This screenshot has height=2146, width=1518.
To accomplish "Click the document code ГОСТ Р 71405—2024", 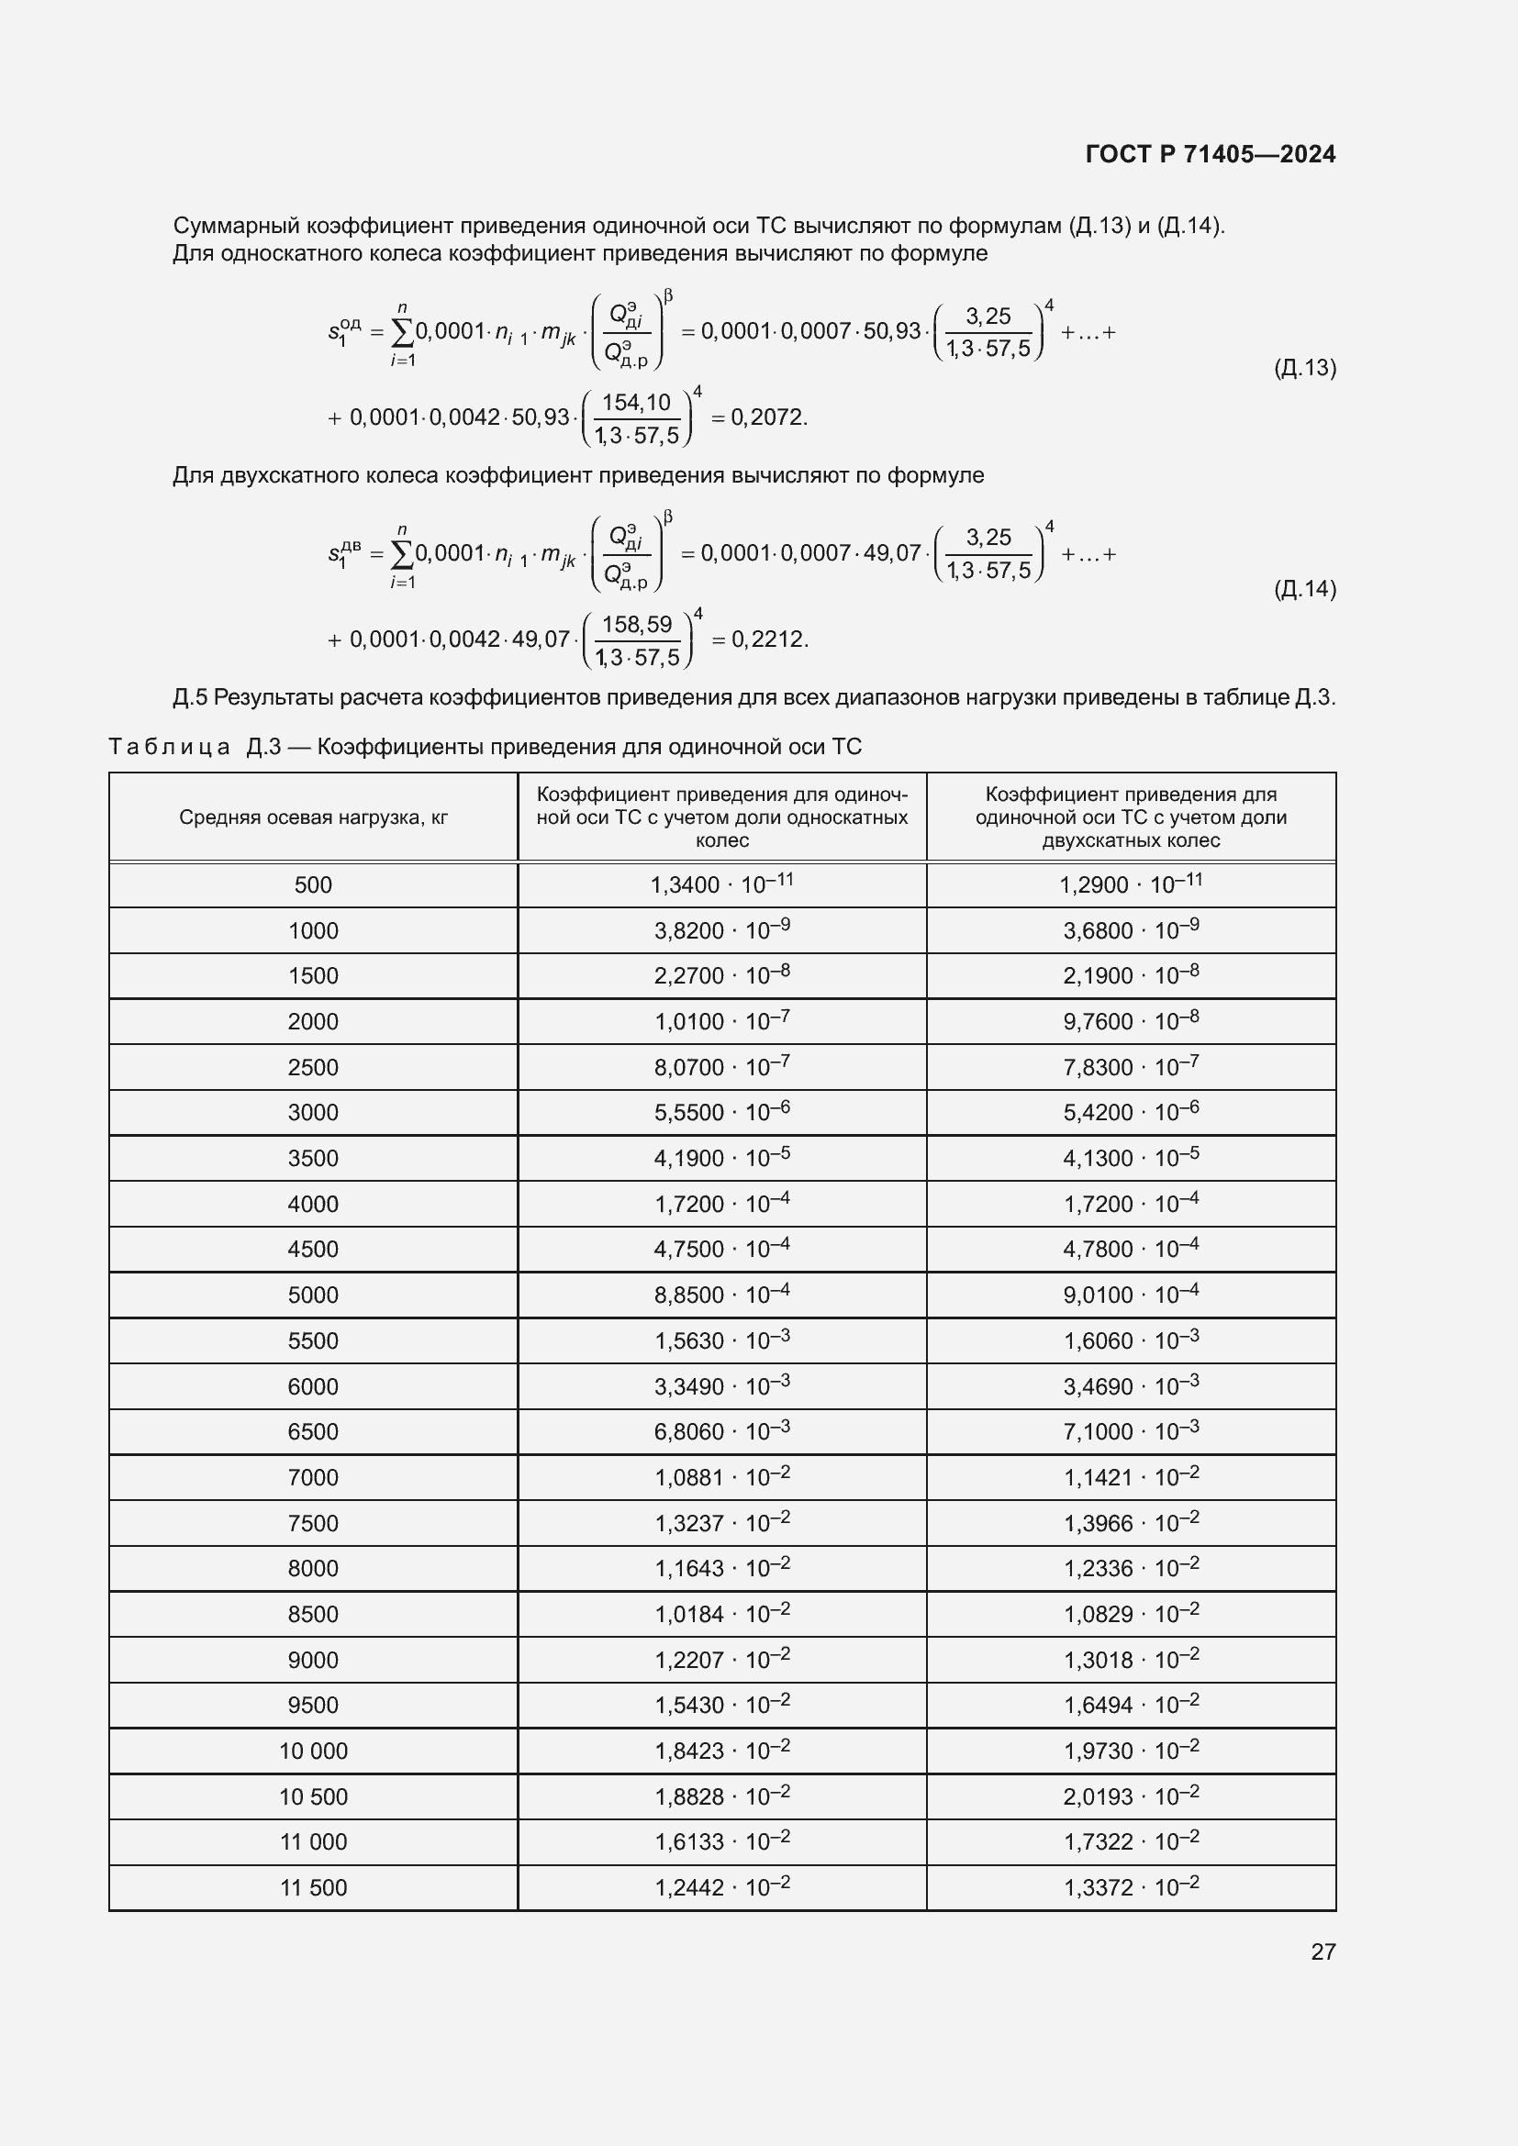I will click(1210, 154).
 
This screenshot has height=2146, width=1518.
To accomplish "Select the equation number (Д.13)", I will click(1304, 368).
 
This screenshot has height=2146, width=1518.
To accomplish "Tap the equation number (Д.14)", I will click(1304, 589).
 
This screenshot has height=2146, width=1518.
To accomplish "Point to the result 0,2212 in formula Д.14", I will click(768, 639).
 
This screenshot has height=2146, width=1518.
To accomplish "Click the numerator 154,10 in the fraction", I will click(636, 403).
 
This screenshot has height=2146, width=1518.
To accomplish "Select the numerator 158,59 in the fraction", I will click(636, 625).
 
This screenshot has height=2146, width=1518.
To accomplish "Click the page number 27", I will click(1323, 1951).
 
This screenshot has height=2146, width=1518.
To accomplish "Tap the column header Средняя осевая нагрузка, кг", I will click(313, 817).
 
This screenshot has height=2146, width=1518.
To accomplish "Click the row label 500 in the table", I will click(313, 885).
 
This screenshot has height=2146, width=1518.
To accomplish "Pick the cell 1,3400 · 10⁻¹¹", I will click(721, 884).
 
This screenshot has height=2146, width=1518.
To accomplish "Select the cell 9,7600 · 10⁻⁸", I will click(1130, 1021).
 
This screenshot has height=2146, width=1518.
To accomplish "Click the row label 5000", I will click(313, 1295).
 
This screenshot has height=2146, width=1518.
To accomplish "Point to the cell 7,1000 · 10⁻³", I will click(1130, 1432).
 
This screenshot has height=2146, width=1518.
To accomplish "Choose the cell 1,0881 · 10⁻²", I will click(721, 1478).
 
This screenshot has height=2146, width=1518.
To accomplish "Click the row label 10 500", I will click(313, 1797).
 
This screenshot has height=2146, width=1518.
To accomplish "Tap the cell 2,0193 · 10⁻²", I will click(1130, 1796).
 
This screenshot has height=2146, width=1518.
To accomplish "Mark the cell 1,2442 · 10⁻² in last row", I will click(721, 1888).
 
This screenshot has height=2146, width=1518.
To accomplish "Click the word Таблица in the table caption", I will click(169, 747).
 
